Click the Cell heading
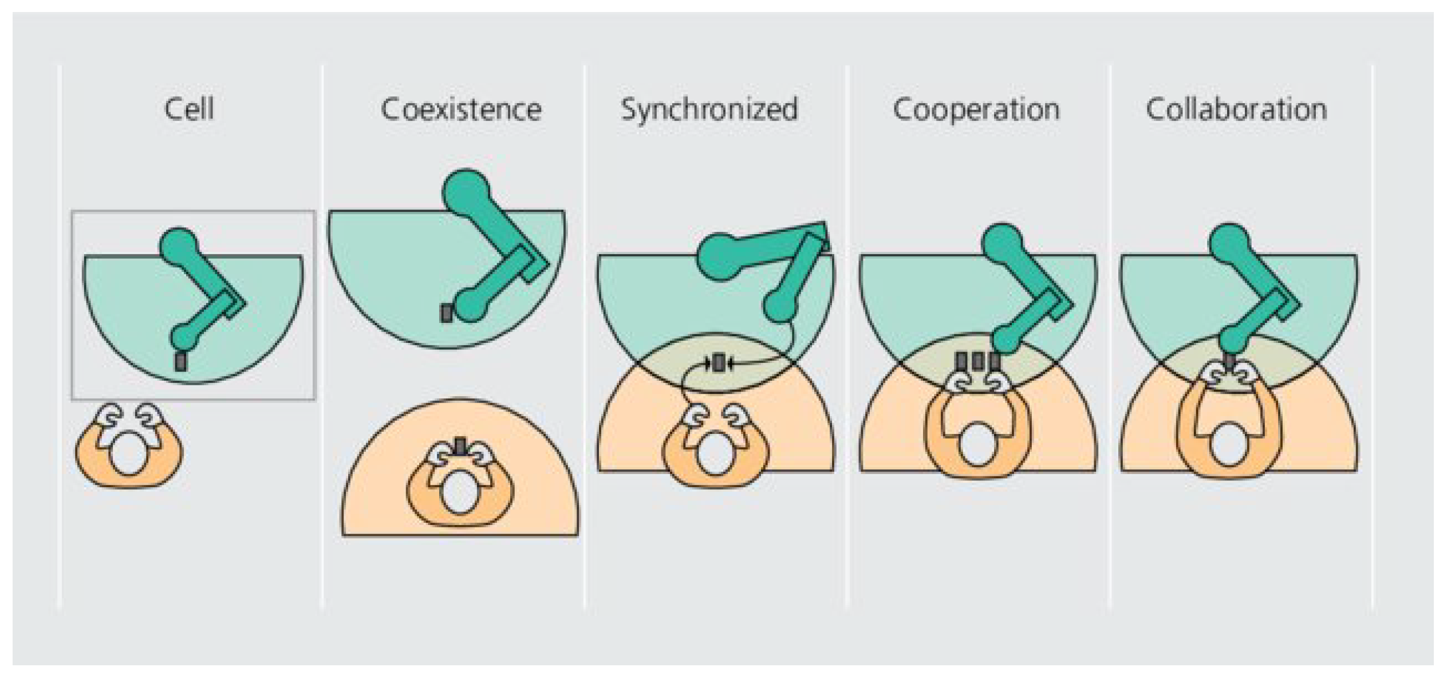tap(189, 109)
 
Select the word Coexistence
tap(461, 109)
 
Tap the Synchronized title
tap(709, 109)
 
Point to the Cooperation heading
tap(976, 109)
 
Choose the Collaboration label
tap(1236, 109)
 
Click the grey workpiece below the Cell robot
tap(181, 362)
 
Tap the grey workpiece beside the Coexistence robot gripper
tap(447, 313)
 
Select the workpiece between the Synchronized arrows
tap(719, 362)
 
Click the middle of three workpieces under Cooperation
tap(978, 361)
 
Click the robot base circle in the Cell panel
tap(179, 245)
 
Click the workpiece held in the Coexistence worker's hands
tap(460, 445)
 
